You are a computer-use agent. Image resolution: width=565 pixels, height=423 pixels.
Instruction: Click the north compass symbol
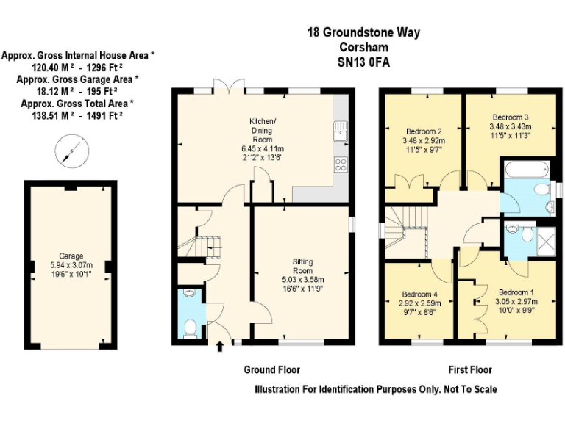[71, 152]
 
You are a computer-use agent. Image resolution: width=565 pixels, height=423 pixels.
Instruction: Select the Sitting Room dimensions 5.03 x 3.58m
[302, 280]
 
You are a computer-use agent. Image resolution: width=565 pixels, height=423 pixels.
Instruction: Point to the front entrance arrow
[219, 346]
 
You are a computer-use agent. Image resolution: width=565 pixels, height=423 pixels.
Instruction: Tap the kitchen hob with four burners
[341, 164]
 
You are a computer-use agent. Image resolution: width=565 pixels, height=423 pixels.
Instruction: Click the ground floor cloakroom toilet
[189, 328]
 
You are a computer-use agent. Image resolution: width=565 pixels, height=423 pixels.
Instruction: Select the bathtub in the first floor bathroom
[525, 167]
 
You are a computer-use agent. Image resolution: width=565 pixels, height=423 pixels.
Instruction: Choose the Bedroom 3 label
[511, 117]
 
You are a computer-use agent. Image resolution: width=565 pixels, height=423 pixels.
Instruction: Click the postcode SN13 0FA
[363, 63]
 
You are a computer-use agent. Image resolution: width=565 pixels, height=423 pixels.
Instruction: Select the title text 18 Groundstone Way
[363, 34]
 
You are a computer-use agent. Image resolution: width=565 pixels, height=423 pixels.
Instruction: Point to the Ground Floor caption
[271, 369]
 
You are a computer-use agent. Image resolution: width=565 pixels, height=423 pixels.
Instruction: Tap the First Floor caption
[470, 369]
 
